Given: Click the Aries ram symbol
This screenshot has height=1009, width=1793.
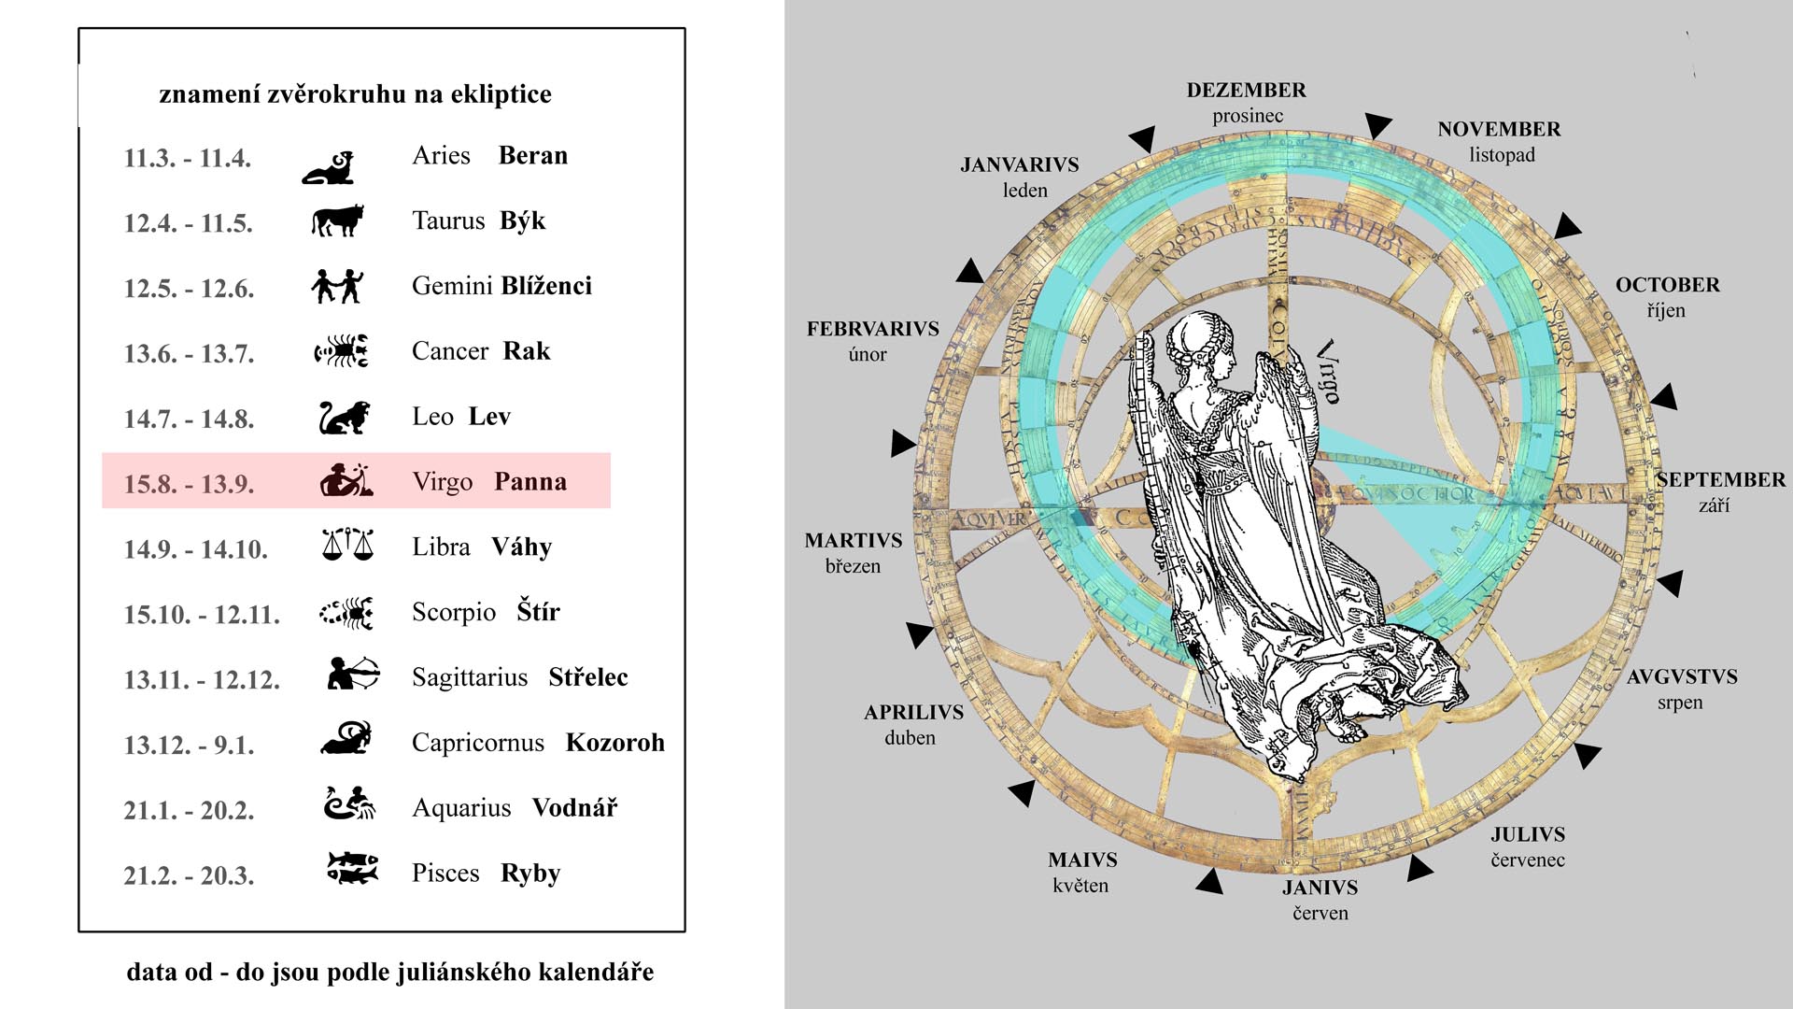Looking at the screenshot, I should point(329,167).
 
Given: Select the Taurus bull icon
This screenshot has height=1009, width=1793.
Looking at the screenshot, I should point(336,220).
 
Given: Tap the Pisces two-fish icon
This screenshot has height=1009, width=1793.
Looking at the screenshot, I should point(352,867).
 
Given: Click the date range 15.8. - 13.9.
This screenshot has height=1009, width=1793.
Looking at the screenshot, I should point(189,483).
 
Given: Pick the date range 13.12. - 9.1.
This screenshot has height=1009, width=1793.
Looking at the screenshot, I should point(189,745).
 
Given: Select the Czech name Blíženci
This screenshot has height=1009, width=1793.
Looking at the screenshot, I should point(546,286).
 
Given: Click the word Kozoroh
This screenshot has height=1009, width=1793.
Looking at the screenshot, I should point(615,743).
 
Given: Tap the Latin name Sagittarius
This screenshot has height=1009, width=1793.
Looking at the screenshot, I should point(470,677).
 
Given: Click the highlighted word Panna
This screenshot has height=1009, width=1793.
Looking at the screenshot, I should point(530,482).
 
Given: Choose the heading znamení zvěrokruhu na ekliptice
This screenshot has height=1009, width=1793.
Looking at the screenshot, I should point(355,94).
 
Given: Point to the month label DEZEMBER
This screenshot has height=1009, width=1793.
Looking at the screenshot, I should point(1247,91).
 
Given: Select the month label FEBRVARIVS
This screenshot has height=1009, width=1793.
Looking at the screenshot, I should point(873,329).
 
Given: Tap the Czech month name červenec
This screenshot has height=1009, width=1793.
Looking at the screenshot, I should point(1528,860).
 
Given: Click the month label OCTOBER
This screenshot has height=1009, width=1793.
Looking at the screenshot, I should point(1668,285).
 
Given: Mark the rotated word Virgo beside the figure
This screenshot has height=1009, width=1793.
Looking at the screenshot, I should point(1328,371).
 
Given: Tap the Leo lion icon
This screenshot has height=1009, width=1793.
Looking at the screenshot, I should point(344,418).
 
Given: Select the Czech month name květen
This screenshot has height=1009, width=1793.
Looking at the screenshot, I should point(1080,886).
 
